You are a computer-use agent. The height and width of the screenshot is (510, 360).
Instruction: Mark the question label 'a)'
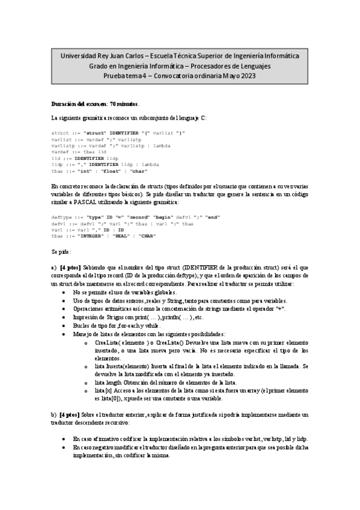54,266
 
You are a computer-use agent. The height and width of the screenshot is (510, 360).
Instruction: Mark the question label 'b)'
54,415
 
